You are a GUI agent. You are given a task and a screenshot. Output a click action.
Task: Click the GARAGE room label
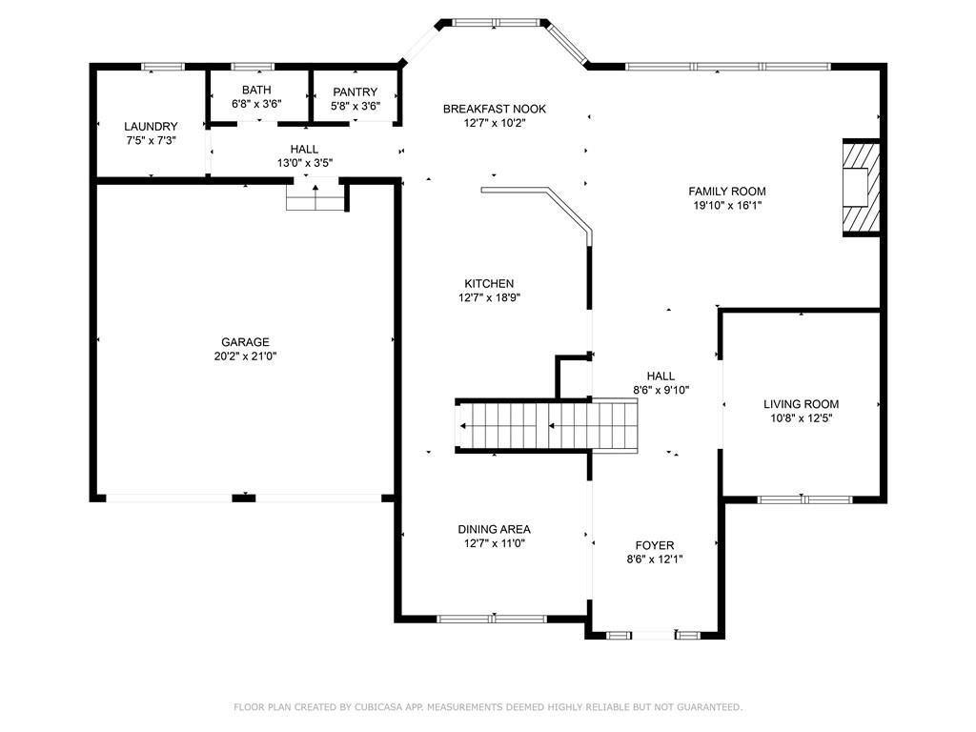pyautogui.click(x=245, y=342)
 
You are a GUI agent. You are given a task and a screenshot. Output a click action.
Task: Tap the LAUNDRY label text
pyautogui.click(x=151, y=127)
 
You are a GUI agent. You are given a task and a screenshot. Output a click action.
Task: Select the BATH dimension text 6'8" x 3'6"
pyautogui.click(x=256, y=104)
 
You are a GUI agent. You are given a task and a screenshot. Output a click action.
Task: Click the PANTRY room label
pyautogui.click(x=355, y=91)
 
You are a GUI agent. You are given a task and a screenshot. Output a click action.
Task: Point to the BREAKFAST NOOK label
pyautogui.click(x=495, y=109)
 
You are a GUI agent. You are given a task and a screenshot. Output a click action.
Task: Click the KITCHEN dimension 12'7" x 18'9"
pyautogui.click(x=489, y=297)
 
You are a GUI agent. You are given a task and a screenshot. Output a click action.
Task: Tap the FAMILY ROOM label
pyautogui.click(x=727, y=191)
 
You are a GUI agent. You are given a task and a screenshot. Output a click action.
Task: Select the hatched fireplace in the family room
pyautogui.click(x=862, y=188)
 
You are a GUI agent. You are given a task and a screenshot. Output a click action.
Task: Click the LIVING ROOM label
pyautogui.click(x=801, y=404)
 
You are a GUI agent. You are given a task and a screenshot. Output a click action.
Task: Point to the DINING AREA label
pyautogui.click(x=495, y=529)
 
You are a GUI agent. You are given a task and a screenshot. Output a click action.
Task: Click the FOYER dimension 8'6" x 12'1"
pyautogui.click(x=655, y=559)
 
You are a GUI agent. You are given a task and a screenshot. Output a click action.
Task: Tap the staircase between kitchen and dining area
pyautogui.click(x=547, y=426)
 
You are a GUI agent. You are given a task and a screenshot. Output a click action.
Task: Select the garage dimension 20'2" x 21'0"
pyautogui.click(x=245, y=356)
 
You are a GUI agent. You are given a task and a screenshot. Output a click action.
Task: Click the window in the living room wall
pyautogui.click(x=804, y=498)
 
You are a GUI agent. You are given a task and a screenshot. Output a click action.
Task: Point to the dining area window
pyautogui.click(x=492, y=619)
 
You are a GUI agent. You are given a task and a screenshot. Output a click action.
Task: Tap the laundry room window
pyautogui.click(x=163, y=67)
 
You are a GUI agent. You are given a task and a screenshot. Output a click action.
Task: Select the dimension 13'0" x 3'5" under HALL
pyautogui.click(x=305, y=163)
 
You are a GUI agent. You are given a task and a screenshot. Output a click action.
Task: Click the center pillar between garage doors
pyautogui.click(x=244, y=498)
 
